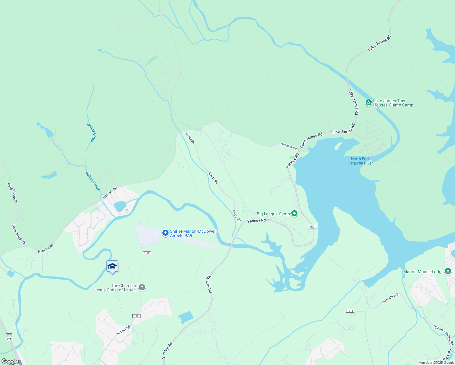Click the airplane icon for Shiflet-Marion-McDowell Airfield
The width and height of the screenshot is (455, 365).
(165, 233)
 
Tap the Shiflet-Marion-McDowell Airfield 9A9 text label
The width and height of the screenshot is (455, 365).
(193, 233)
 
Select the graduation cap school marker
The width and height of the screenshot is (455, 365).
(112, 266)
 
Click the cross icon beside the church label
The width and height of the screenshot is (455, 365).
(142, 287)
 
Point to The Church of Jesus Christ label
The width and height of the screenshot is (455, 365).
(116, 288)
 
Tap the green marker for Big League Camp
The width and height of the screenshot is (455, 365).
(294, 214)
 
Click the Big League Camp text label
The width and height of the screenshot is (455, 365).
(273, 214)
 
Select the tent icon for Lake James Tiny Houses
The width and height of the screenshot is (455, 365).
(368, 103)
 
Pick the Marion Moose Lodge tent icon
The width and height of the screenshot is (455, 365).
(448, 271)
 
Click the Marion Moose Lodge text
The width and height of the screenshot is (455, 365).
(423, 272)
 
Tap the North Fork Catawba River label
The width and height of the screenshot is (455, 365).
(360, 161)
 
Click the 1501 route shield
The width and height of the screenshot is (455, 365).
(313, 227)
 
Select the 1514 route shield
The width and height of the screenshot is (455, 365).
(350, 311)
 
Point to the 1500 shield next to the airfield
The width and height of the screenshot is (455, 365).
(147, 253)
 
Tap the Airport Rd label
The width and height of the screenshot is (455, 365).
(123, 330)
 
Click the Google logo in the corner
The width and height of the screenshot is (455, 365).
(10, 361)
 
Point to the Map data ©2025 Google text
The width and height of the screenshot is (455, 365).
(436, 363)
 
